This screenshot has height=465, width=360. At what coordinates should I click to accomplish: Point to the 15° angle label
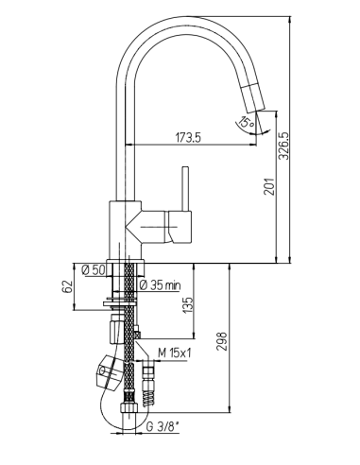tap(245, 122)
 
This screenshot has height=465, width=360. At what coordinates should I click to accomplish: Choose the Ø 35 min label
tap(162, 284)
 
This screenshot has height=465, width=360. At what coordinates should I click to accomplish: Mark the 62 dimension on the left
tap(66, 284)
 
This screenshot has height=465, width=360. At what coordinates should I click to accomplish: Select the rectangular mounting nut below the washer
tap(119, 330)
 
